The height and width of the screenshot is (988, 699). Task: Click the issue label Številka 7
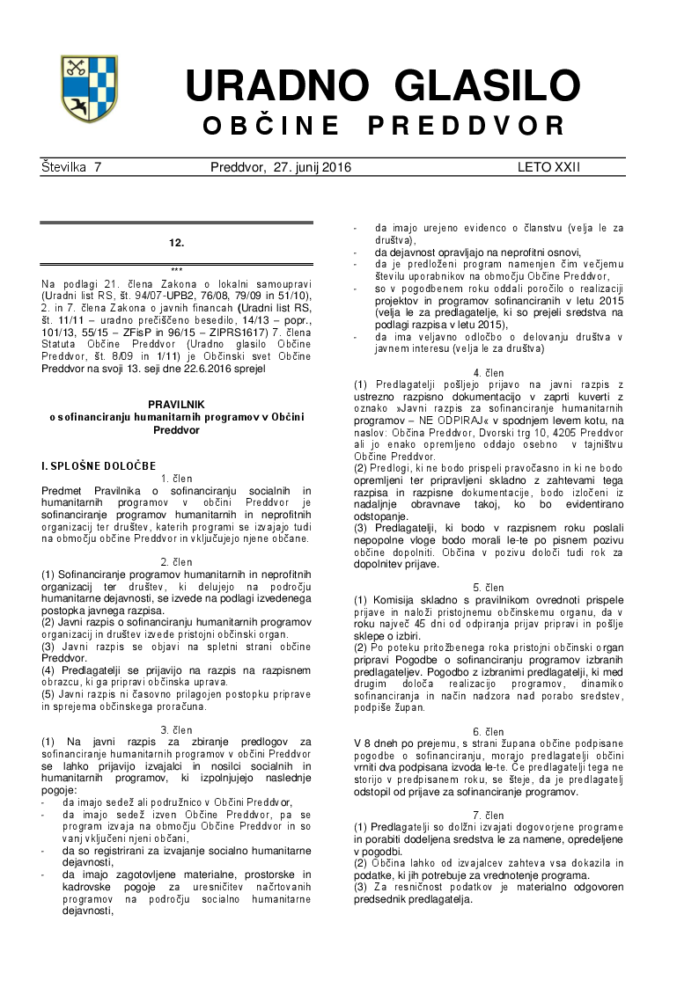pyautogui.click(x=71, y=167)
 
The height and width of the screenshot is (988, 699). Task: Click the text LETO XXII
pyautogui.click(x=548, y=167)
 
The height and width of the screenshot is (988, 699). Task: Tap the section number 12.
pyautogui.click(x=176, y=240)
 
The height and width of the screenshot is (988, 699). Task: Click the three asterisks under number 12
pyautogui.click(x=176, y=269)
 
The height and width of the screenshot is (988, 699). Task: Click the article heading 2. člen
pyautogui.click(x=176, y=561)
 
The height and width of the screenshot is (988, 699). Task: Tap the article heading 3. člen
pyautogui.click(x=176, y=730)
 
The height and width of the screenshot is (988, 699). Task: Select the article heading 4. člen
pyautogui.click(x=489, y=372)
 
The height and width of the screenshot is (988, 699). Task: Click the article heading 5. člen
pyautogui.click(x=489, y=587)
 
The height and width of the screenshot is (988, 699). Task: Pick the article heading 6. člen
pyautogui.click(x=489, y=731)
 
